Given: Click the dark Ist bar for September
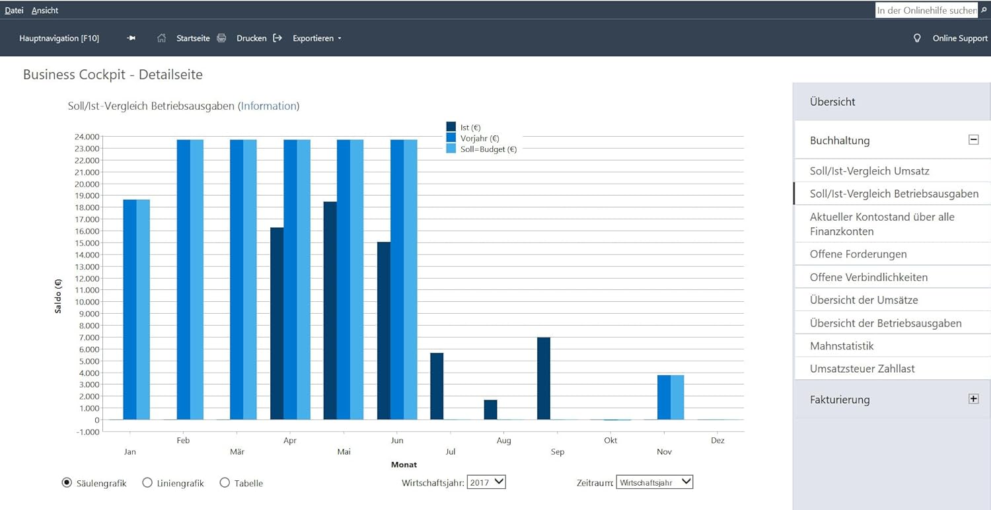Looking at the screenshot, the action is [x=544, y=378].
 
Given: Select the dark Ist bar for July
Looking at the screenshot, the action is [x=437, y=386].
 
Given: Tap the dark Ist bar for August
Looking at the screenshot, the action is [x=490, y=410].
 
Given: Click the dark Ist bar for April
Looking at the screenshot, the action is [x=277, y=323].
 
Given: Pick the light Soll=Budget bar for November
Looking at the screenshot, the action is [x=677, y=397].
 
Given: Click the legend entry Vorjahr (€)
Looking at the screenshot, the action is [x=472, y=138].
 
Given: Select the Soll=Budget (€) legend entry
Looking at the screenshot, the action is [x=482, y=149].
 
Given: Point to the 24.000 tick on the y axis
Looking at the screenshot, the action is [x=87, y=137].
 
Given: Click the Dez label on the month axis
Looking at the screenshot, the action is [x=717, y=440].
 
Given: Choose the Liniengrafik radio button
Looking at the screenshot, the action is [x=147, y=482].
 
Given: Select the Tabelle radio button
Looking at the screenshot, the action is [x=225, y=482].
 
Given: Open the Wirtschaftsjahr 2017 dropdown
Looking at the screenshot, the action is [x=486, y=482].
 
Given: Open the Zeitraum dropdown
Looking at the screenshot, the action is [x=654, y=482].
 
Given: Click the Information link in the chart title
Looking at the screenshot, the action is [x=268, y=106].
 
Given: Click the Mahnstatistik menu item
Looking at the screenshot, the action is [x=842, y=346].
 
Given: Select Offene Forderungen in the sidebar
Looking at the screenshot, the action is [x=858, y=254].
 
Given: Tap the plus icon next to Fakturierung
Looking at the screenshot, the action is [x=973, y=398].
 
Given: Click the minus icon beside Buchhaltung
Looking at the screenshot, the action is [x=973, y=140].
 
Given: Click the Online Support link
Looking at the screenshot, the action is [x=959, y=38].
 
